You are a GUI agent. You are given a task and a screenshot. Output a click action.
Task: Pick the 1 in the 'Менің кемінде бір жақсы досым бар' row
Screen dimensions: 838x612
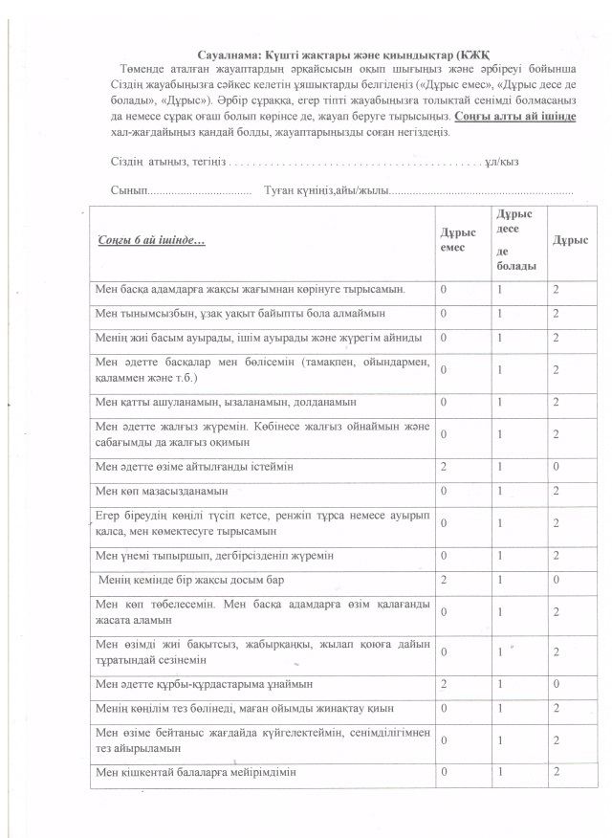coord(498,580)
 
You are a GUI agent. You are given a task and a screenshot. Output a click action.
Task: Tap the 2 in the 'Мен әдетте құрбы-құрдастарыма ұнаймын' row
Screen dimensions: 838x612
coord(443,685)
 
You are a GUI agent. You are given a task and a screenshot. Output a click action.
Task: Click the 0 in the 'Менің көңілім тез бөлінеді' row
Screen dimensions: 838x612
coord(443,708)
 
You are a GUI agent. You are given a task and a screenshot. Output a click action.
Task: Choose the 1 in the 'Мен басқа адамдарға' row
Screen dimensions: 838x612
coord(498,288)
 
